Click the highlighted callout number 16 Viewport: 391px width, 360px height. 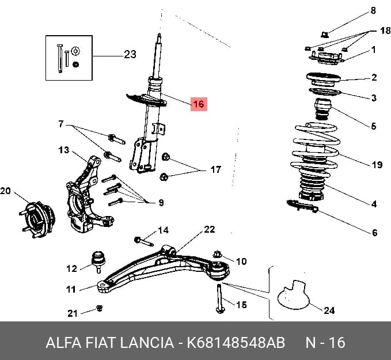coord(199,104)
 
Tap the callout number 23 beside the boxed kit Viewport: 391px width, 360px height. coord(130,54)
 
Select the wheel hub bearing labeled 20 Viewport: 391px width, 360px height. coord(37,220)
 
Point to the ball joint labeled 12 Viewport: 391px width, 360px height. coord(98,262)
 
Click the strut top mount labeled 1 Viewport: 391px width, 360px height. coord(327,59)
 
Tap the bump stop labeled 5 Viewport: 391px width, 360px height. coord(323,109)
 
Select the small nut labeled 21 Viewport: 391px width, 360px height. coord(100,308)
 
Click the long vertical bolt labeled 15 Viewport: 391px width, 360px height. coord(220,298)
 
